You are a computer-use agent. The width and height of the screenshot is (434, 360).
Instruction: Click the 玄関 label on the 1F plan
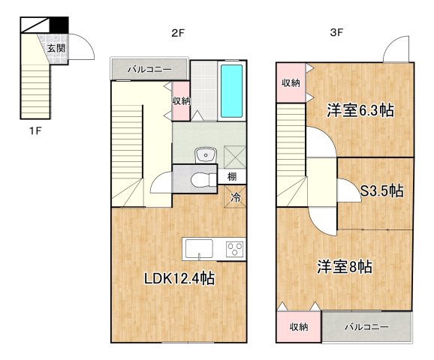(x=56, y=48)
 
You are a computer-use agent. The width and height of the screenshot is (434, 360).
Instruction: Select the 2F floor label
(x=177, y=32)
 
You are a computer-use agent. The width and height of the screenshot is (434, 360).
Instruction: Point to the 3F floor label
(x=336, y=32)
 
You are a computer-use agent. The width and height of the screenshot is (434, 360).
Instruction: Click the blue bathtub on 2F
(x=232, y=91)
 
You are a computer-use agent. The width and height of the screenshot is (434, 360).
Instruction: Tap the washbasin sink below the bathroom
(x=204, y=155)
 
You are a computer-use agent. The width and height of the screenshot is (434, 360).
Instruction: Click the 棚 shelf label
(x=234, y=178)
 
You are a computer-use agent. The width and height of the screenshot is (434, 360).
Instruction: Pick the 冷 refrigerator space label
(x=235, y=199)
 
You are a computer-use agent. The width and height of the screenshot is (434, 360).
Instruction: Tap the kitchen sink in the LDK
(x=199, y=249)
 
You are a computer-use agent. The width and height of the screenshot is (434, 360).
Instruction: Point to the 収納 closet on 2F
(x=180, y=100)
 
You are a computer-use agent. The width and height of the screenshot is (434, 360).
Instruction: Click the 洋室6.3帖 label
(x=360, y=109)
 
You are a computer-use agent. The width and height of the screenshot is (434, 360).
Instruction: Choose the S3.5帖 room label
(x=381, y=190)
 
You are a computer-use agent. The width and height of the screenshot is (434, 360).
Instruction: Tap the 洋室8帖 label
(x=345, y=266)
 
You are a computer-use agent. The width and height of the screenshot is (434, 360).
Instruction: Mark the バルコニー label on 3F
(x=366, y=327)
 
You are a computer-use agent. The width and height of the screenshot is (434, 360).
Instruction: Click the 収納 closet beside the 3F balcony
(x=298, y=327)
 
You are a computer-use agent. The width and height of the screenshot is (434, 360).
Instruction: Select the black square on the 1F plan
(x=59, y=25)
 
